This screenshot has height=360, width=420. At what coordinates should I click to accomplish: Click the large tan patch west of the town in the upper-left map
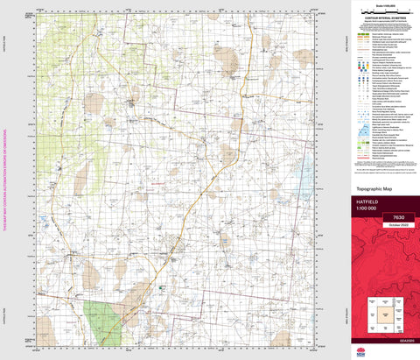tap(94, 104)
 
